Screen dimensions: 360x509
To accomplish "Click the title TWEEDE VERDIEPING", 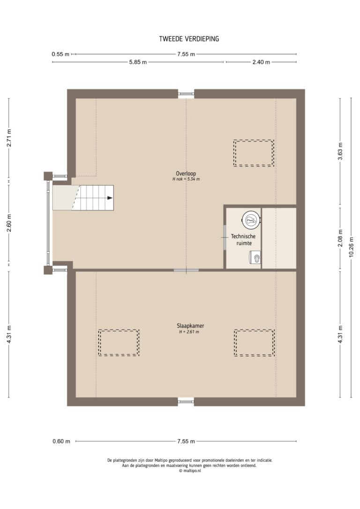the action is point(189,38).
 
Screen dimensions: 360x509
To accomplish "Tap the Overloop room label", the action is point(186,173).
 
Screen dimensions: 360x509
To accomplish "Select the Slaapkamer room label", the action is point(190,326).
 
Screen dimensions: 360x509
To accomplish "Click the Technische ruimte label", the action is point(243,240).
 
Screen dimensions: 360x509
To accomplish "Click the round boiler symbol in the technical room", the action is point(251,220).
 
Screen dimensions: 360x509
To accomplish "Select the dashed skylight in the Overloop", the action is point(254,153).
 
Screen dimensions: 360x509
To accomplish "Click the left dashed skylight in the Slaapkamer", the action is point(119,343).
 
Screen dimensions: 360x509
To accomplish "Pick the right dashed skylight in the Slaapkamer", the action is point(254,343).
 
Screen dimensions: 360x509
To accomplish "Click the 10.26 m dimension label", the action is point(351,247).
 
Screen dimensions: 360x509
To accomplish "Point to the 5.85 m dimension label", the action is point(138,62).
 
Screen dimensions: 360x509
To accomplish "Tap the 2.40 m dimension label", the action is point(261,62).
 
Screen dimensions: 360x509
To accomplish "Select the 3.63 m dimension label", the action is point(340,151).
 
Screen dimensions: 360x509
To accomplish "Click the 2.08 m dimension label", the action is point(340,238).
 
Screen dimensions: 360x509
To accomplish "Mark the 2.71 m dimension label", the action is point(9,138).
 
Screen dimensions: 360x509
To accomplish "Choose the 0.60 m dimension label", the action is point(61,441).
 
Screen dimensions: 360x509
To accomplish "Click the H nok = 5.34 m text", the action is point(186,179).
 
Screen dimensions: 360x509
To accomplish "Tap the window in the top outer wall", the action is point(186,94).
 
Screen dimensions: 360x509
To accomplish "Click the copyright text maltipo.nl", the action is point(190,471).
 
